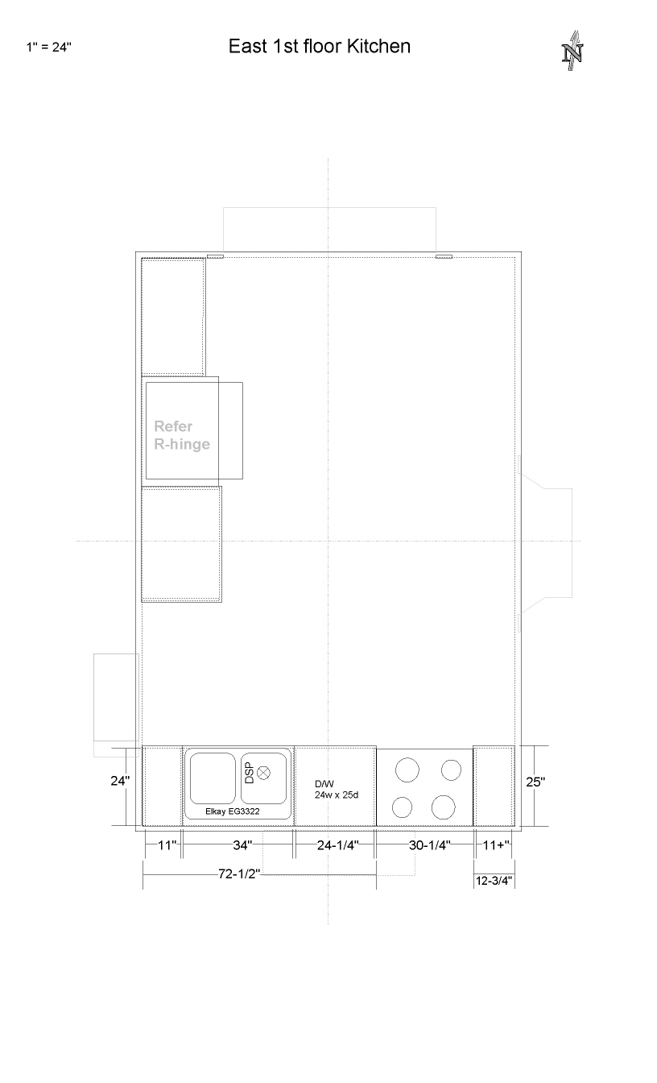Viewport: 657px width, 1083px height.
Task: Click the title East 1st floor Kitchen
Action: pyautogui.click(x=320, y=47)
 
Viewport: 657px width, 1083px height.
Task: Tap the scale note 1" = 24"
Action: pyautogui.click(x=49, y=47)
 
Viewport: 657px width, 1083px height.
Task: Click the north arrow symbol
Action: pyautogui.click(x=573, y=51)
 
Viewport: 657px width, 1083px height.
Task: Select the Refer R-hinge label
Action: pyautogui.click(x=182, y=435)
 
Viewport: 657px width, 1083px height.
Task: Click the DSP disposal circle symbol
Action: pyautogui.click(x=263, y=773)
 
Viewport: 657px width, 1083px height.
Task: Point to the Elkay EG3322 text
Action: pyautogui.click(x=233, y=811)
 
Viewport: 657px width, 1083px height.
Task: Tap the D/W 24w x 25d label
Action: pyautogui.click(x=337, y=790)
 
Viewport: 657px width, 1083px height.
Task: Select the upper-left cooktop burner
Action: pyautogui.click(x=407, y=770)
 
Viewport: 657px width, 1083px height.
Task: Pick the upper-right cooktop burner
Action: pyautogui.click(x=451, y=770)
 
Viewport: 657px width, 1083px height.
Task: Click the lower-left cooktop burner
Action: pyautogui.click(x=402, y=807)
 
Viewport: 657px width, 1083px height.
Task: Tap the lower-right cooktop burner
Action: pyautogui.click(x=444, y=807)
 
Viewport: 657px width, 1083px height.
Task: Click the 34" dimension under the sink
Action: pyautogui.click(x=242, y=845)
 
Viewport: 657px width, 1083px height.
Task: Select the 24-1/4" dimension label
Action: pyautogui.click(x=337, y=845)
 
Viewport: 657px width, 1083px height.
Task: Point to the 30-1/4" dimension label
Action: pyautogui.click(x=429, y=845)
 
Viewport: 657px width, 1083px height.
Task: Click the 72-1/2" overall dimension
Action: pyautogui.click(x=239, y=873)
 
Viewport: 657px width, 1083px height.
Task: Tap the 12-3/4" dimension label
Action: pyautogui.click(x=494, y=881)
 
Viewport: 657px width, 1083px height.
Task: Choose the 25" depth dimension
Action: pyautogui.click(x=535, y=782)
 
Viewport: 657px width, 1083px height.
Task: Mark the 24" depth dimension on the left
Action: pyautogui.click(x=120, y=781)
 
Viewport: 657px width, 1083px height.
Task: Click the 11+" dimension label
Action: pyautogui.click(x=496, y=845)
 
